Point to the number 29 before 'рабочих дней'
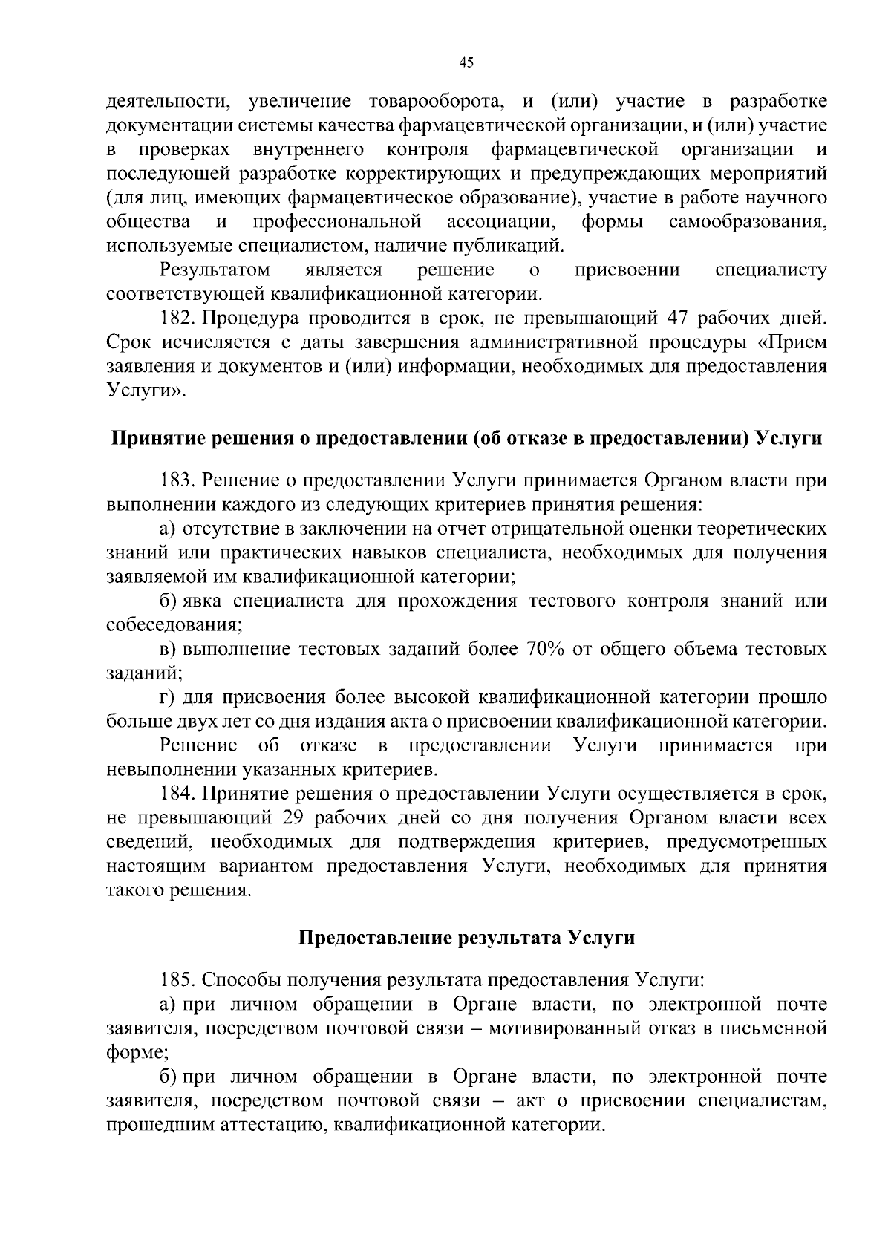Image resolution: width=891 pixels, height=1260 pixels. pyautogui.click(x=296, y=817)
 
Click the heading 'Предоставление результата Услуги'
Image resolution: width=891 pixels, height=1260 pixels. pyautogui.click(x=466, y=938)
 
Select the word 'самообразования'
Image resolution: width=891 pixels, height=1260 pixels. pyautogui.click(x=747, y=221)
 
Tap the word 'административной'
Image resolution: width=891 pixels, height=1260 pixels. pyautogui.click(x=558, y=343)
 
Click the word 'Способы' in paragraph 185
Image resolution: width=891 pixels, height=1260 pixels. pyautogui.click(x=241, y=980)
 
